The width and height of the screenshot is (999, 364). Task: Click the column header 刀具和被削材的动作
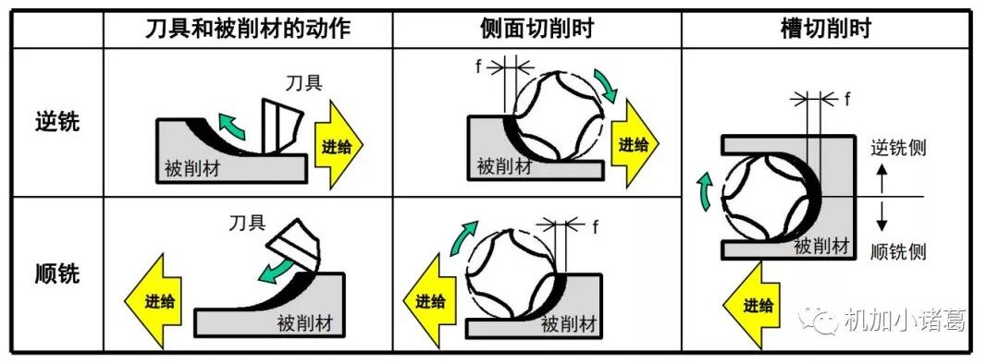(x=249, y=29)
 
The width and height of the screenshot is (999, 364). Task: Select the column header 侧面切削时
(x=537, y=29)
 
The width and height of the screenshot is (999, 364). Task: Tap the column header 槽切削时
(x=826, y=29)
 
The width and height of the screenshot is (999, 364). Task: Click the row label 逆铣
(x=57, y=121)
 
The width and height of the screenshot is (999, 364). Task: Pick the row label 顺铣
(x=57, y=274)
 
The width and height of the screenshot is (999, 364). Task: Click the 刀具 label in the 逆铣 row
(x=305, y=83)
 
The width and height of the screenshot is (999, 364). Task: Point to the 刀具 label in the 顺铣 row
(x=248, y=222)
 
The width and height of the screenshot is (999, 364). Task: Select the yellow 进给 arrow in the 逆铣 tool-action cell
(x=339, y=146)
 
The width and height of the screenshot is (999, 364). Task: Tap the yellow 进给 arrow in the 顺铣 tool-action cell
(x=153, y=299)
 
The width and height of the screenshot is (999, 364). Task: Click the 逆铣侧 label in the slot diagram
(x=898, y=148)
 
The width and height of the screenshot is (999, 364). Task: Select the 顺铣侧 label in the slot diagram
(x=898, y=251)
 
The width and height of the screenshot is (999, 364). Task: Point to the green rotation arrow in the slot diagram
(x=705, y=188)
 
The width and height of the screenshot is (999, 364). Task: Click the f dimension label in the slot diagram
(x=848, y=98)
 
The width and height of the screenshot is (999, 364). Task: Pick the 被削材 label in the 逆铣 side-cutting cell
(x=505, y=167)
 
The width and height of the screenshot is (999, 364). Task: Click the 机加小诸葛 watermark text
(x=904, y=319)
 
